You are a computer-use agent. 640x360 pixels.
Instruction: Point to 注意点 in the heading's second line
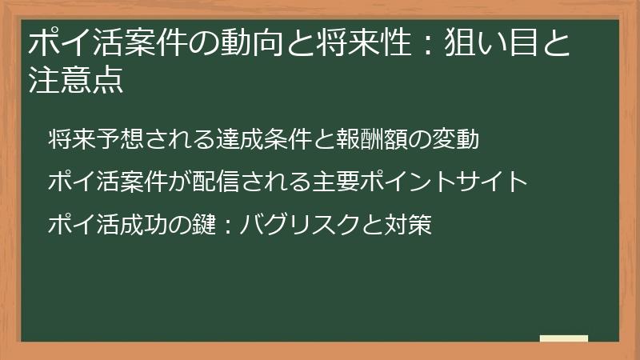pos(76,82)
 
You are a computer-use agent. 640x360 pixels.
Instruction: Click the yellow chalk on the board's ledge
pos(564,338)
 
